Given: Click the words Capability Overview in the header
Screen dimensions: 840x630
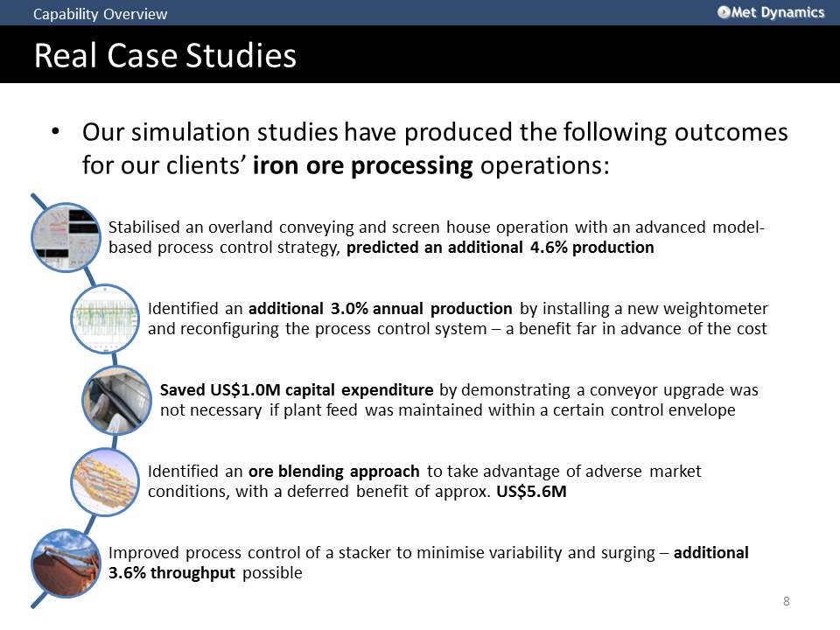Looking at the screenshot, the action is click(100, 14).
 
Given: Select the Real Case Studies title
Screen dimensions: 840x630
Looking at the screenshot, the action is click(165, 55).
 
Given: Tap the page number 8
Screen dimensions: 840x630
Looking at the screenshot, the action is click(786, 601).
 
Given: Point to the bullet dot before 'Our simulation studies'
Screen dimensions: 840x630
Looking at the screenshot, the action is click(55, 132).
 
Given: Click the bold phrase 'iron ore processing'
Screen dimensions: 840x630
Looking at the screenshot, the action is click(362, 165).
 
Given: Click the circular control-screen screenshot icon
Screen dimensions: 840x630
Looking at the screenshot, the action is click(66, 237).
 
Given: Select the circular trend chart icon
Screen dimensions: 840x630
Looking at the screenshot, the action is click(106, 318).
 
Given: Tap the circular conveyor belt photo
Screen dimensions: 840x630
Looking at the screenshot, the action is click(117, 400).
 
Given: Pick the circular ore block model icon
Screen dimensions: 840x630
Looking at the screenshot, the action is click(106, 482).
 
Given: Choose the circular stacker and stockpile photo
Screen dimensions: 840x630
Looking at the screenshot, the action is click(66, 563).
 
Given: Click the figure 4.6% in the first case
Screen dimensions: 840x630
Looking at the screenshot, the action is click(549, 248).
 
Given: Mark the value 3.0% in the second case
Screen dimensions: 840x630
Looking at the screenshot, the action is click(349, 309).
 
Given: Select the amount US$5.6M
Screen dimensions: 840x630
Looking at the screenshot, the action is click(531, 492).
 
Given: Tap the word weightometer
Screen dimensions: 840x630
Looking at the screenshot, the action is click(716, 309).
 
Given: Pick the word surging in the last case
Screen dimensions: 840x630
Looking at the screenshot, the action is click(628, 553).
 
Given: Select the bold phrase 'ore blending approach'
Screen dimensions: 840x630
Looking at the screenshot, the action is click(333, 472).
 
